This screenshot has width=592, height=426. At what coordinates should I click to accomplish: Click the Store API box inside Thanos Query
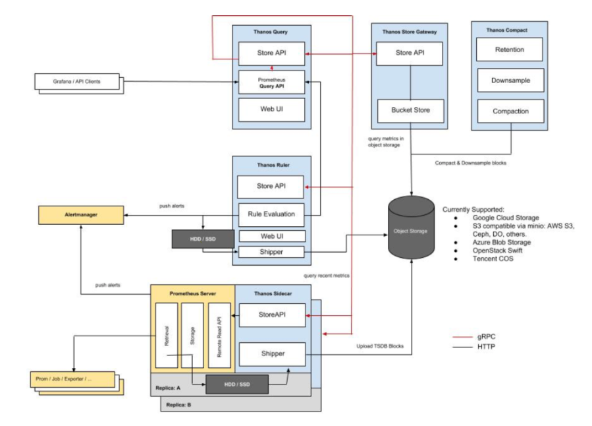pyautogui.click(x=271, y=52)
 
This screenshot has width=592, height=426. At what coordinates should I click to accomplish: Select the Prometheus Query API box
pyautogui.click(x=271, y=82)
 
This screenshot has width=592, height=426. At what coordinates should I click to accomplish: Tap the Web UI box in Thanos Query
pyautogui.click(x=271, y=109)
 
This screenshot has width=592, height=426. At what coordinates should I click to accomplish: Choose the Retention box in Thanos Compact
pyautogui.click(x=509, y=49)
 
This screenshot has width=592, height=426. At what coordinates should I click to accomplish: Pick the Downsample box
pyautogui.click(x=509, y=80)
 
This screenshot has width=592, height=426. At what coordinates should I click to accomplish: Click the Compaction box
pyautogui.click(x=510, y=111)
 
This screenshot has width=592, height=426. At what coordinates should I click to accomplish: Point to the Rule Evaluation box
pyautogui.click(x=271, y=214)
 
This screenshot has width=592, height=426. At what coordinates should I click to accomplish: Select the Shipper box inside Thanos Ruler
pyautogui.click(x=271, y=252)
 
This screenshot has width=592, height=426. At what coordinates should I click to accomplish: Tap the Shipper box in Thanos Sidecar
pyautogui.click(x=272, y=354)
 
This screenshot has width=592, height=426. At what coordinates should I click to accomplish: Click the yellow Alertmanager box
pyautogui.click(x=80, y=214)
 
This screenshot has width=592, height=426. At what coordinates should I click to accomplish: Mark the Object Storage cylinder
pyautogui.click(x=412, y=231)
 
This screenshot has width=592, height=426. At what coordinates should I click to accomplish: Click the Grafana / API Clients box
pyautogui.click(x=77, y=82)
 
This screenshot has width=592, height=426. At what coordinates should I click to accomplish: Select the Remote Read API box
pyautogui.click(x=219, y=336)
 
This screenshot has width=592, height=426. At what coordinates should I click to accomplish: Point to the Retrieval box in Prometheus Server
pyautogui.click(x=165, y=336)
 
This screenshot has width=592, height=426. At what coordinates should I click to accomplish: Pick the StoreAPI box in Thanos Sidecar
pyautogui.click(x=272, y=315)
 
